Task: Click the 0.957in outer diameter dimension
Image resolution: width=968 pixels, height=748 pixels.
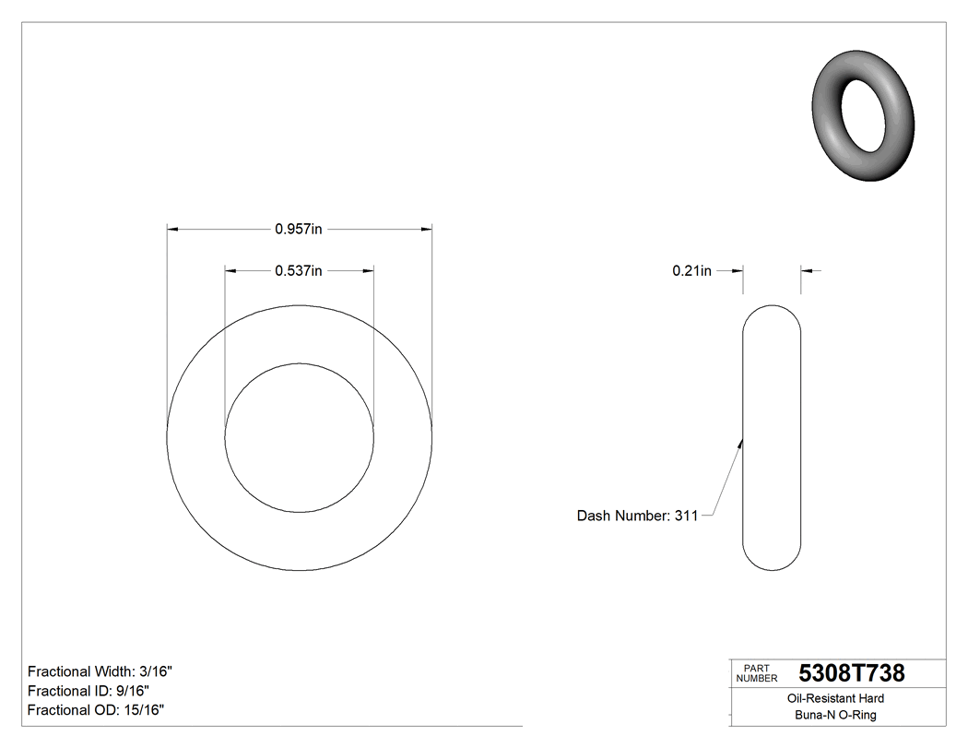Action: pyautogui.click(x=298, y=229)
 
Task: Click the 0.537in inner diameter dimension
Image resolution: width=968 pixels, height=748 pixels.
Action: pyautogui.click(x=298, y=271)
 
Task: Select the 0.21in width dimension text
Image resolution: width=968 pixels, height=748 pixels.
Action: pyautogui.click(x=691, y=271)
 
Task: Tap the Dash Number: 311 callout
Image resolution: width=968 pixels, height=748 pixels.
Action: pyautogui.click(x=637, y=516)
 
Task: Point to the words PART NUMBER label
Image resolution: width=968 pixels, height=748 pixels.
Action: pyautogui.click(x=751, y=673)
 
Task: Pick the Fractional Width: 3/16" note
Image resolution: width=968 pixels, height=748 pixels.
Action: pyautogui.click(x=100, y=671)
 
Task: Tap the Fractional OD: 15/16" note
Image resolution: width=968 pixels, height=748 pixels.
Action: pyautogui.click(x=96, y=709)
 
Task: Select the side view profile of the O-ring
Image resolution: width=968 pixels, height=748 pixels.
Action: pyautogui.click(x=772, y=437)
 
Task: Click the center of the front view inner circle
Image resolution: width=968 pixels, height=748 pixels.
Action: pyautogui.click(x=300, y=437)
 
